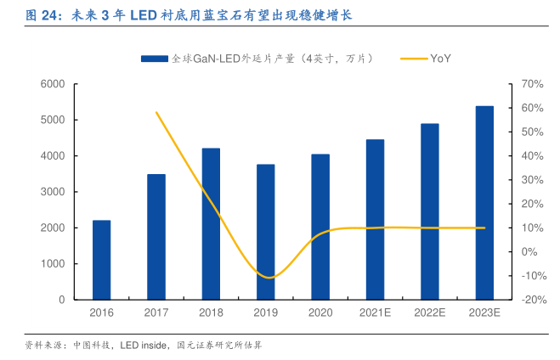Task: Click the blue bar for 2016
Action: pyautogui.click(x=101, y=260)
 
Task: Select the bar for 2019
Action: pyautogui.click(x=266, y=232)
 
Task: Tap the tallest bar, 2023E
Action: pyautogui.click(x=484, y=203)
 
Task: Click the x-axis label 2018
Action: pyautogui.click(x=211, y=313)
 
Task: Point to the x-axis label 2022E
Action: pyautogui.click(x=430, y=313)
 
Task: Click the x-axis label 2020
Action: pyautogui.click(x=320, y=313)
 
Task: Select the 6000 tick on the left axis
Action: pyautogui.click(x=53, y=84)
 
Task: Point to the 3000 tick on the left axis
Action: pyautogui.click(x=53, y=192)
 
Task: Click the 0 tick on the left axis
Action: pyautogui.click(x=62, y=300)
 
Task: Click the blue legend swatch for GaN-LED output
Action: pyautogui.click(x=154, y=59)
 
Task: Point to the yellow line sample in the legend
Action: pyautogui.click(x=410, y=59)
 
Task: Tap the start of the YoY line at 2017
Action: pyautogui.click(x=156, y=112)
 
